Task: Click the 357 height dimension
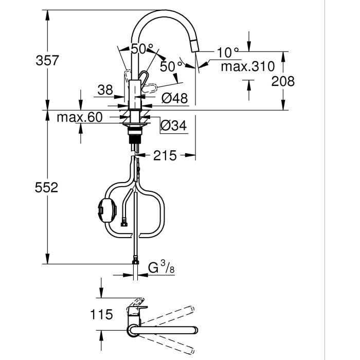(x=47, y=60)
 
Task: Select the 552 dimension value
(x=47, y=187)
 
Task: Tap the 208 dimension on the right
(x=283, y=81)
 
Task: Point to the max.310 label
(x=247, y=66)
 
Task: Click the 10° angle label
(x=228, y=52)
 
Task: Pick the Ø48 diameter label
(x=175, y=98)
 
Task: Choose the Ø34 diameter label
(x=174, y=125)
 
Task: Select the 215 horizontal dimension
(x=165, y=155)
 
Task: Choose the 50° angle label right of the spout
(x=171, y=66)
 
